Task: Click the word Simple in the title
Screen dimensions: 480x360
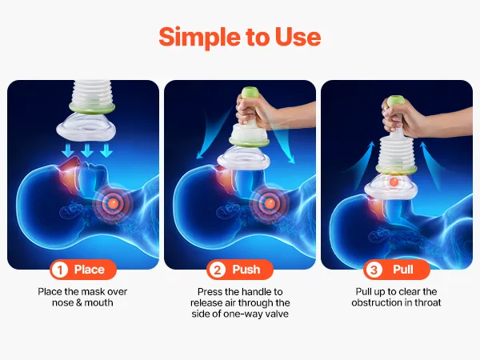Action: (x=199, y=38)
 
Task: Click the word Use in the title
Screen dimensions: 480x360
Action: (x=298, y=37)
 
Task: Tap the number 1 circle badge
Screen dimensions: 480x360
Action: (x=60, y=270)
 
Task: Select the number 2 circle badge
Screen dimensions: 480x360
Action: (x=217, y=270)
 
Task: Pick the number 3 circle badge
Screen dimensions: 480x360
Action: (x=374, y=270)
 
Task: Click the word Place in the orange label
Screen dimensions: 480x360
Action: (x=90, y=270)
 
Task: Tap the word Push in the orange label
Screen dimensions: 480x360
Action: (x=246, y=270)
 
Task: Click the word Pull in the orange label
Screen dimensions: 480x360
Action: (x=403, y=270)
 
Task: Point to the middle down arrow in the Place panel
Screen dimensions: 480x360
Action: (x=87, y=150)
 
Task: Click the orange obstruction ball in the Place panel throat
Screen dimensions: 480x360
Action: (x=113, y=202)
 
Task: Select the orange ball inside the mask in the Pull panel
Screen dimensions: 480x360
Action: (x=394, y=182)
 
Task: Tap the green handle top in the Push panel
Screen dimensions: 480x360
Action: (x=250, y=93)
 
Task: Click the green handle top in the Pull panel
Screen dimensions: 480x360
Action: (x=395, y=101)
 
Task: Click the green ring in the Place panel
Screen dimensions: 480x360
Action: (x=92, y=107)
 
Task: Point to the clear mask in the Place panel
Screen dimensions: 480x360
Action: (x=86, y=126)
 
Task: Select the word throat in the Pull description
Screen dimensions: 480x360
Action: (x=428, y=302)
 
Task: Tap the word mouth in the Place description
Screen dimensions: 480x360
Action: (x=98, y=302)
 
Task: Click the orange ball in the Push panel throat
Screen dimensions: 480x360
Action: (x=270, y=202)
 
